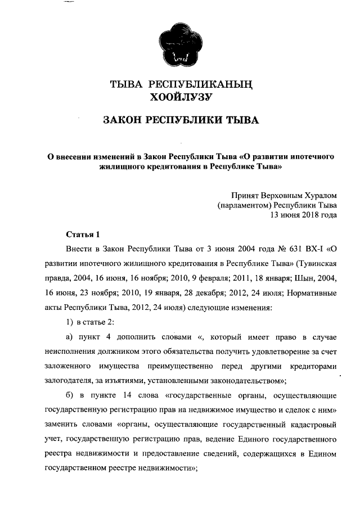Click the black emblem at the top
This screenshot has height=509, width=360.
point(180,43)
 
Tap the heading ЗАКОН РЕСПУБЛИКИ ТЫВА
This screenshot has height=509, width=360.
point(180,121)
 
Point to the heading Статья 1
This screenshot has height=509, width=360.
point(83,234)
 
